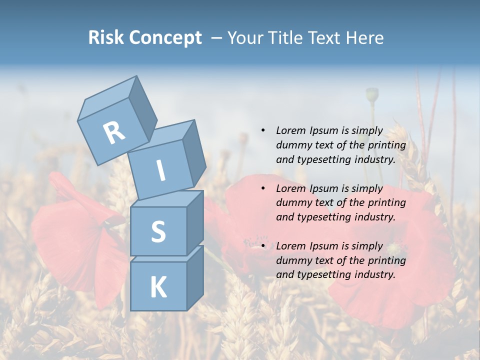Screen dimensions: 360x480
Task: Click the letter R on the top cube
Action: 114,132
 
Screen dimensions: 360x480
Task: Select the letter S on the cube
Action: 158,231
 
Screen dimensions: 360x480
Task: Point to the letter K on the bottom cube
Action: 158,287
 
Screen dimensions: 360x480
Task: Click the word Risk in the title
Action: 107,38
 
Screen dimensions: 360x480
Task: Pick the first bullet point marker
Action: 263,131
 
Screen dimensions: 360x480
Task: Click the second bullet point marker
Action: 263,188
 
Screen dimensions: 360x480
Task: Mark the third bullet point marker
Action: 263,246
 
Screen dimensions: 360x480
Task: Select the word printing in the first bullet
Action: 387,145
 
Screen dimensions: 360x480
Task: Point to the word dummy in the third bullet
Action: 293,260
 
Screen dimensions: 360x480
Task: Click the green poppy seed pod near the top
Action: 371,94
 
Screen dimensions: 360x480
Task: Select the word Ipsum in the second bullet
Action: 324,188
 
